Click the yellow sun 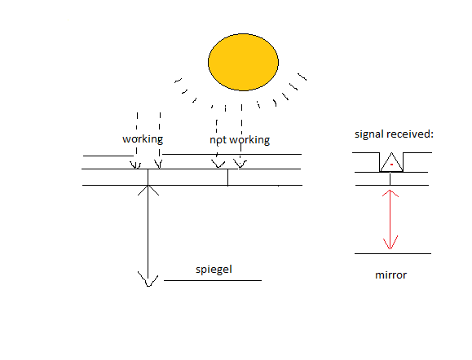(x=243, y=62)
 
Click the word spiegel (x=214, y=270)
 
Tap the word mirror (x=390, y=275)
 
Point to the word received (x=410, y=134)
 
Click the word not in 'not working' (x=218, y=140)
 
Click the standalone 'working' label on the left (x=143, y=139)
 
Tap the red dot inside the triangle (x=391, y=165)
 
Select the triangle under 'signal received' (x=391, y=162)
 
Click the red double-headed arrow (x=390, y=220)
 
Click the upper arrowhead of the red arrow (x=390, y=193)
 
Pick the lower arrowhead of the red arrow (x=390, y=243)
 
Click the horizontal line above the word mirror (x=393, y=253)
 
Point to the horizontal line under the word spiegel (x=213, y=280)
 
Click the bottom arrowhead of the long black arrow (x=148, y=279)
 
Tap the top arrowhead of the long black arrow (x=148, y=190)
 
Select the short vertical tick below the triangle (x=390, y=178)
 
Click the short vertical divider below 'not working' (x=227, y=178)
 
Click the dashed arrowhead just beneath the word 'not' (x=218, y=164)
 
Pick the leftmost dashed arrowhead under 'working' (x=135, y=165)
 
